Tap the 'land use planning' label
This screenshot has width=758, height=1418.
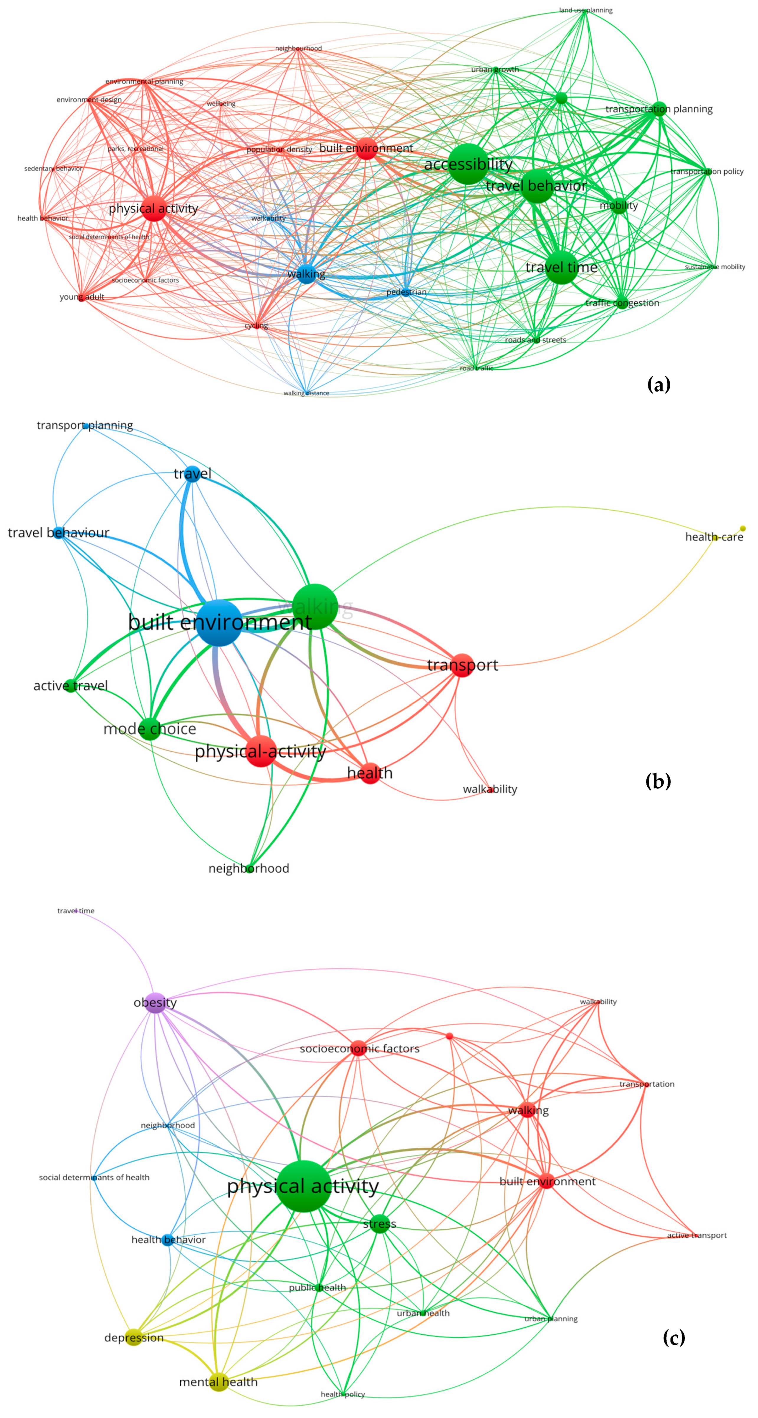tap(585, 10)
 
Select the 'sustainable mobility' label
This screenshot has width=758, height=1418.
tap(715, 267)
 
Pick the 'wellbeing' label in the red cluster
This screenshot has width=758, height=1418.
tap(221, 103)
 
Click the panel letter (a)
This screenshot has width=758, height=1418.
tap(659, 384)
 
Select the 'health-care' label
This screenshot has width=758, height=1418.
tap(713, 537)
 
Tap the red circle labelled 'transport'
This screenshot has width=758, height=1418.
tap(462, 665)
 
